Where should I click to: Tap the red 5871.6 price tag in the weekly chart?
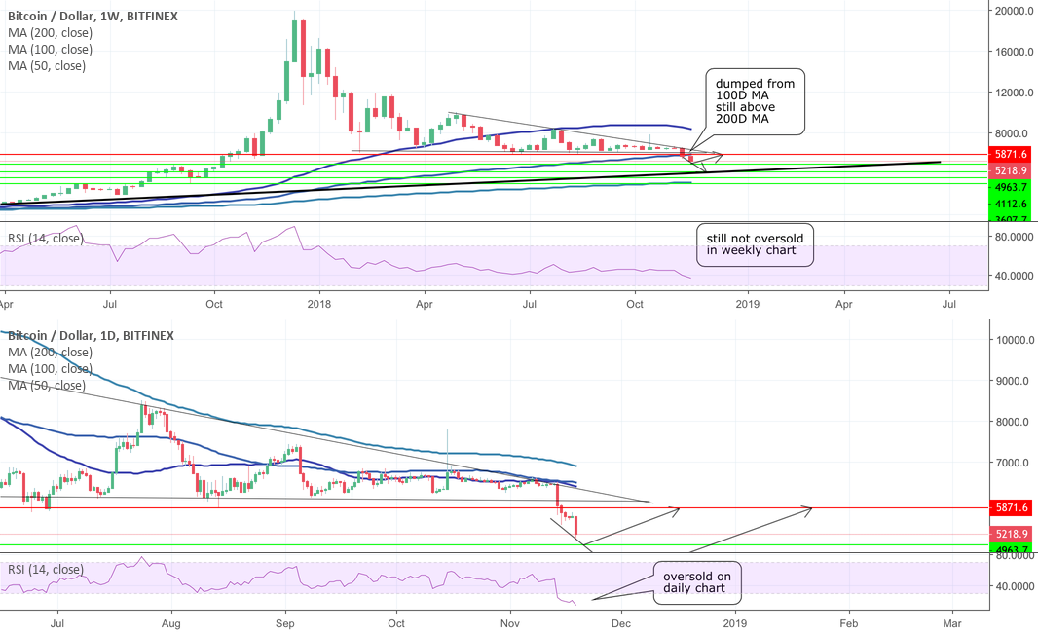click(x=1012, y=154)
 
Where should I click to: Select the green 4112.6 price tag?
click(x=1012, y=204)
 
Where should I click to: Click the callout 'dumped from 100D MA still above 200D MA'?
click(x=756, y=101)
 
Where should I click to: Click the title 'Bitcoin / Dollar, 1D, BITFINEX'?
click(x=89, y=335)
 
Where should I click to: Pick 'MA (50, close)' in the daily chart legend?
click(x=47, y=386)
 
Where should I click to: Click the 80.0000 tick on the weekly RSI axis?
click(x=1012, y=236)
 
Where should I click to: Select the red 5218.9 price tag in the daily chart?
click(x=1012, y=534)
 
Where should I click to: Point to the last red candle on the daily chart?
click(x=578, y=525)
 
